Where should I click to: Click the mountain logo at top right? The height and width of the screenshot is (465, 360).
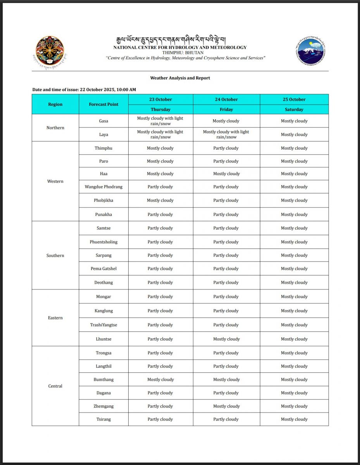(310, 52)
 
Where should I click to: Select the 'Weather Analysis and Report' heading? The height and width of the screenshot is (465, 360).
(180, 78)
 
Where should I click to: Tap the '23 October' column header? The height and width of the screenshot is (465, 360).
(160, 100)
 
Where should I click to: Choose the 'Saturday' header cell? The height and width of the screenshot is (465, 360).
(294, 110)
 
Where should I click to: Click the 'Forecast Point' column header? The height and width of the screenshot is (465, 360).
(103, 104)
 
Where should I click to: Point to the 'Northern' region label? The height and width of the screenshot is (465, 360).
(55, 128)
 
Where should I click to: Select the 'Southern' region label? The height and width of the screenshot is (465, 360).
(55, 255)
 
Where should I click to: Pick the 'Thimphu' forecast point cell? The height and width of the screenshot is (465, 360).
(103, 148)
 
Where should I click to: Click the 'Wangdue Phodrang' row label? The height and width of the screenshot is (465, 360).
(103, 187)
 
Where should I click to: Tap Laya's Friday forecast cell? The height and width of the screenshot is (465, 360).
(226, 134)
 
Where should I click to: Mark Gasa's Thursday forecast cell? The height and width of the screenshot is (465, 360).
(160, 121)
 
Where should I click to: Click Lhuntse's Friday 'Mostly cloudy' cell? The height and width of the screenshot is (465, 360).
(226, 339)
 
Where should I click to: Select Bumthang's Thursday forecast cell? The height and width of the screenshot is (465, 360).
(160, 380)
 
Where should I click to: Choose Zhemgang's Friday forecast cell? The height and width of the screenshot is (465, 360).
(226, 406)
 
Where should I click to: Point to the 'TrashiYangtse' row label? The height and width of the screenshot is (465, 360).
(103, 325)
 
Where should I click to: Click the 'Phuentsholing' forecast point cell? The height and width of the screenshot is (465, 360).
(103, 242)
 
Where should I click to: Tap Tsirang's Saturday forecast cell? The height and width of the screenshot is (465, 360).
(294, 419)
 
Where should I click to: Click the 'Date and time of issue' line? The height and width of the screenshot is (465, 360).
(84, 90)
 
